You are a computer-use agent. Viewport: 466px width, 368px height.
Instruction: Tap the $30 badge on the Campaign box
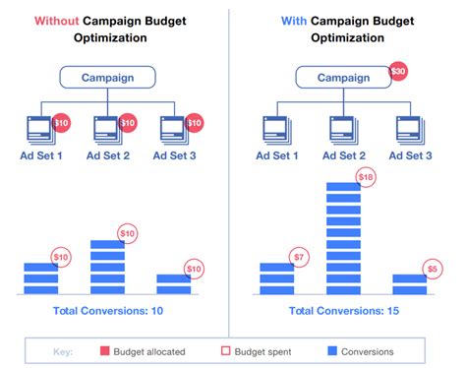pyautogui.click(x=397, y=72)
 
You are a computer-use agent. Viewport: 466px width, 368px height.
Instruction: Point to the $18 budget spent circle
pyautogui.click(x=365, y=177)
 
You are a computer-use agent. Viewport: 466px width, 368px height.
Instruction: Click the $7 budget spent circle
pyautogui.click(x=299, y=258)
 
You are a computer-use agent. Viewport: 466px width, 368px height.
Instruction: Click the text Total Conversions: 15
pyautogui.click(x=344, y=311)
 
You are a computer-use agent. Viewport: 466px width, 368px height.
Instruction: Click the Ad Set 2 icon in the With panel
pyautogui.click(x=343, y=128)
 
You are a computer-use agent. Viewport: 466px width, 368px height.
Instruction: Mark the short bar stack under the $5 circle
pyautogui.click(x=409, y=283)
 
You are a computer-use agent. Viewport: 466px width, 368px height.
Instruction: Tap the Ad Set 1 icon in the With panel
pyautogui.click(x=275, y=128)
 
